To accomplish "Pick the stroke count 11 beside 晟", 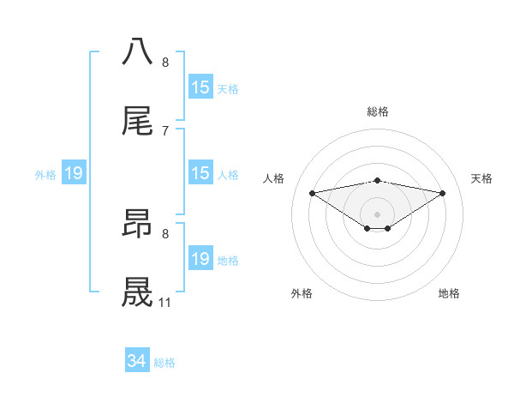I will click(165, 303).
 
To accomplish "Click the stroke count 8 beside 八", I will click(165, 62).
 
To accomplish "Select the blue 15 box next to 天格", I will click(200, 87).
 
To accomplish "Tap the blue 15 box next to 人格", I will click(200, 173).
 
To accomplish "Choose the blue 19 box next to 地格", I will click(200, 259).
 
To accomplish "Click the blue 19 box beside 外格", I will click(74, 173).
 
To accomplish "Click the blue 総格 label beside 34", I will click(164, 363).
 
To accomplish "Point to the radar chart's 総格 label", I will click(378, 111).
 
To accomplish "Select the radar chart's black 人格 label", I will click(275, 178).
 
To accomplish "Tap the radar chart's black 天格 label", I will click(481, 178).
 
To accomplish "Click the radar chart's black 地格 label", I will click(449, 293).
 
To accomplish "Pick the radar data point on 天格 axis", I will click(443, 193).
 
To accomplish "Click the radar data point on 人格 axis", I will click(312, 193).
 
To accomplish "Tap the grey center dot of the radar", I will click(378, 214).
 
